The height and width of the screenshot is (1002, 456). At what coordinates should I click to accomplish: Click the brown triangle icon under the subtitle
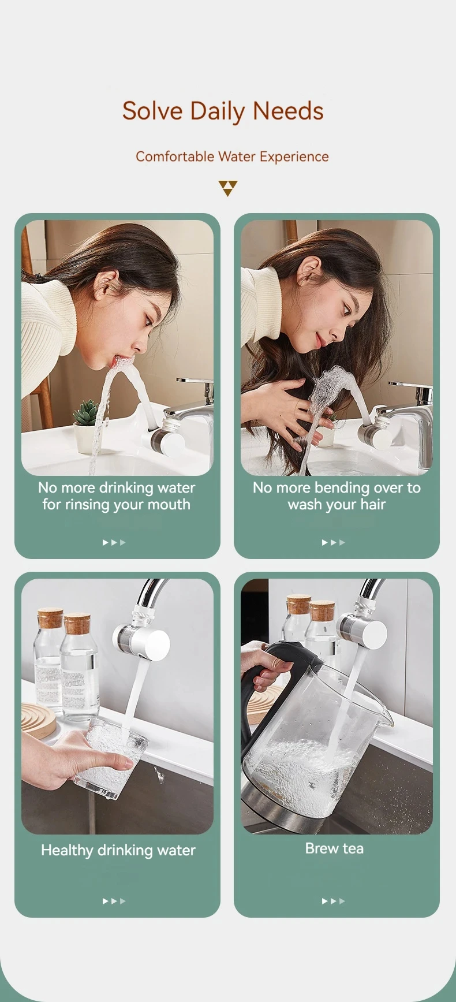click(228, 188)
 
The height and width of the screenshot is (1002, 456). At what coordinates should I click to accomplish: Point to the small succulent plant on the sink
click(86, 412)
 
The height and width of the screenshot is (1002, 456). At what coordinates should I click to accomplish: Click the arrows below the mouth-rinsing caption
click(114, 542)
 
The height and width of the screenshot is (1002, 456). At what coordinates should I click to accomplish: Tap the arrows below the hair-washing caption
click(334, 542)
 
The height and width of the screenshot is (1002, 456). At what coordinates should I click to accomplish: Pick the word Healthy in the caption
click(67, 850)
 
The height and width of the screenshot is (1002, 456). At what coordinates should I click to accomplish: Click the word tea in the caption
click(353, 848)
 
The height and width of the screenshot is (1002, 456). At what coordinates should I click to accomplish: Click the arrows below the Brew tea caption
click(334, 901)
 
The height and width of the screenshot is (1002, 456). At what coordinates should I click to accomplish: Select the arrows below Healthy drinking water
click(114, 901)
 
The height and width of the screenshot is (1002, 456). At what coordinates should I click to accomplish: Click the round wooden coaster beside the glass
click(38, 719)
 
